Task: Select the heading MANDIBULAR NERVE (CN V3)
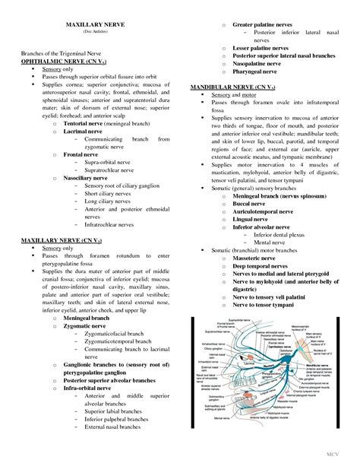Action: [x=229, y=87]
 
